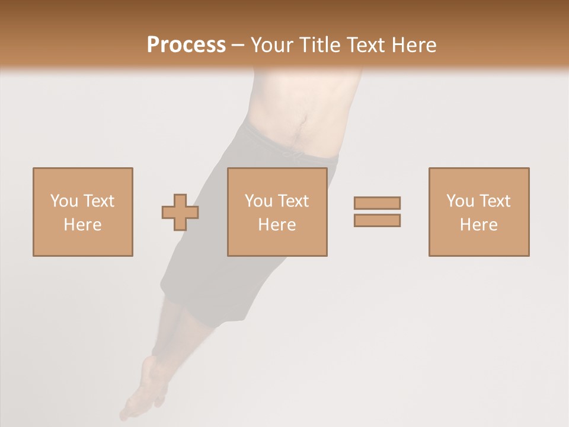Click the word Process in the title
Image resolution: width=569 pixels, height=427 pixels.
click(186, 45)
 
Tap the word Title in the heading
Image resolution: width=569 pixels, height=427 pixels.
click(321, 45)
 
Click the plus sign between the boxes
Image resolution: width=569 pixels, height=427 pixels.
click(180, 212)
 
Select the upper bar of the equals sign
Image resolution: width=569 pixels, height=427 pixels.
click(377, 203)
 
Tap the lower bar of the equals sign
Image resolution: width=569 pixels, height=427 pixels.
click(377, 221)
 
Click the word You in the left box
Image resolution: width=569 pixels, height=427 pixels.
click(64, 201)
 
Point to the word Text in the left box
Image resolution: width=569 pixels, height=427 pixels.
click(98, 201)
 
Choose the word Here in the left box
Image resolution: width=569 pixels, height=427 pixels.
click(82, 225)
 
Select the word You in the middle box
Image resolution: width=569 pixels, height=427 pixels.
click(258, 201)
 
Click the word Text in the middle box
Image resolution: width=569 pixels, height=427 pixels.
click(293, 201)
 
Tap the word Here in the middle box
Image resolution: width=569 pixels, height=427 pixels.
click(277, 225)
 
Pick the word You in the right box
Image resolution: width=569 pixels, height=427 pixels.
click(460, 201)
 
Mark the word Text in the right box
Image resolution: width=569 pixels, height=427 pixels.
click(494, 201)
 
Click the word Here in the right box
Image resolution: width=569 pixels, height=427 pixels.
click(478, 225)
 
